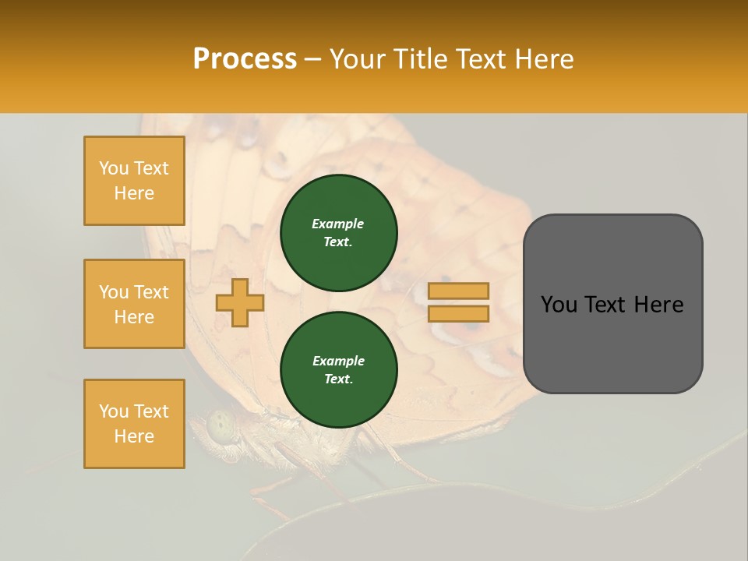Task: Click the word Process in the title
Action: (245, 58)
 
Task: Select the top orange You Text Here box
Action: (134, 181)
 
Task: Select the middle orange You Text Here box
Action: (134, 304)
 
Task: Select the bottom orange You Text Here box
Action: (134, 424)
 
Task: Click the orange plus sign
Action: (239, 302)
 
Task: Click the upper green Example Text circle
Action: (338, 233)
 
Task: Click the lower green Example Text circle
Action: (338, 370)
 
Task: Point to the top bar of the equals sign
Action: (459, 291)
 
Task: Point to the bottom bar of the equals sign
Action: (459, 314)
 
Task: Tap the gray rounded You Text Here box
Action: (612, 304)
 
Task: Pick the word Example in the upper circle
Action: (338, 224)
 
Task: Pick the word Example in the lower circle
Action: (338, 361)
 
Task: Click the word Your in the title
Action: (359, 58)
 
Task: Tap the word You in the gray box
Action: (559, 305)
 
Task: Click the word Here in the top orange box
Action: (134, 193)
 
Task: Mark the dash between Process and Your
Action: (313, 60)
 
